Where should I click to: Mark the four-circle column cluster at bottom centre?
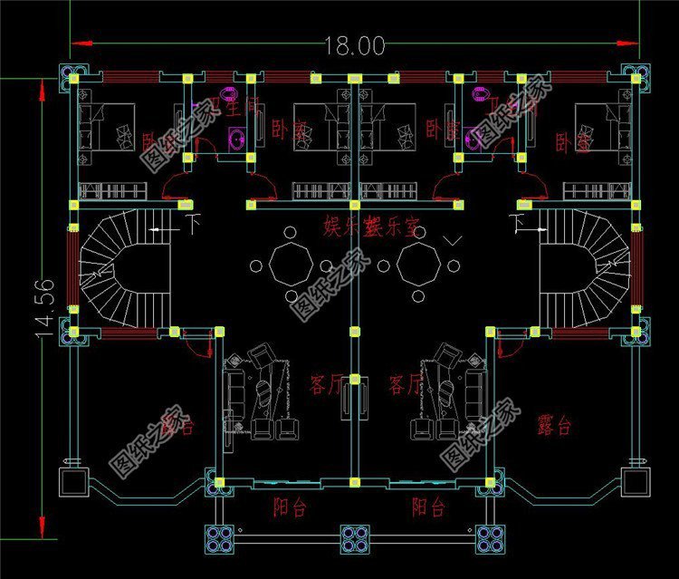[354, 538]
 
